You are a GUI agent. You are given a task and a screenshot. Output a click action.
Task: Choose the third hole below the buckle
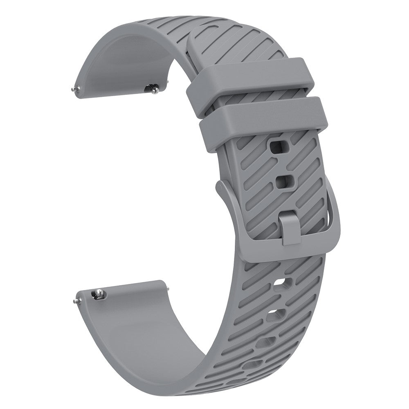pos(266,342)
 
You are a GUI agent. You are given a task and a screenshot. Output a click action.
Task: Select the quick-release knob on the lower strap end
pos(98,294)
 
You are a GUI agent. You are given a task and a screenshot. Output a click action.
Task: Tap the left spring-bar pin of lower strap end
pos(76,301)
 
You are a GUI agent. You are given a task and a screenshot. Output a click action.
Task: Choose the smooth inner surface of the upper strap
pos(123,61)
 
